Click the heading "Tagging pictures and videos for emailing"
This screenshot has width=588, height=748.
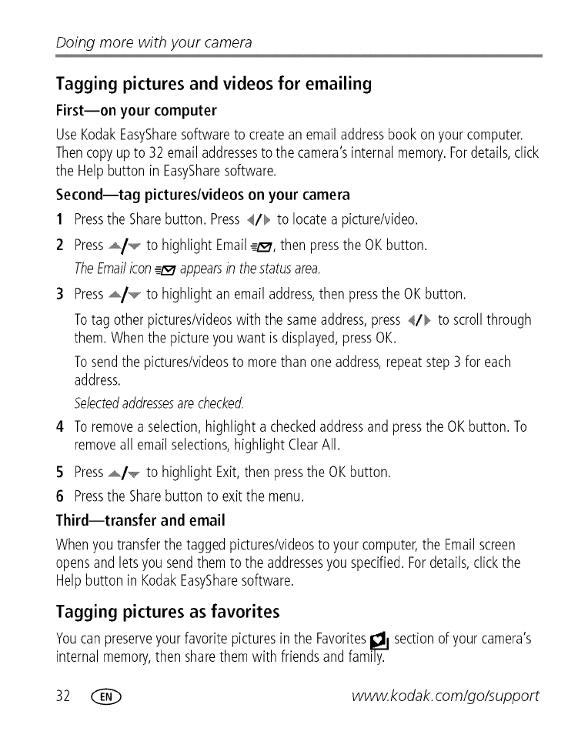214,84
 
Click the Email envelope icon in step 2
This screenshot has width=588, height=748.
262,247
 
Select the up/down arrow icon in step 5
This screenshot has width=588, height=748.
124,473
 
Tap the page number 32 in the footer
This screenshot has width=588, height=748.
63,696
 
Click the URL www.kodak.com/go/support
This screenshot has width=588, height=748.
445,696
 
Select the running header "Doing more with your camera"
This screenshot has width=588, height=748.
154,42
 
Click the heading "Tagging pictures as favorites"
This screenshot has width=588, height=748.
168,613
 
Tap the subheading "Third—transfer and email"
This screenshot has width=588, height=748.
141,521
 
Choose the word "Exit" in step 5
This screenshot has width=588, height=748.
230,472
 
